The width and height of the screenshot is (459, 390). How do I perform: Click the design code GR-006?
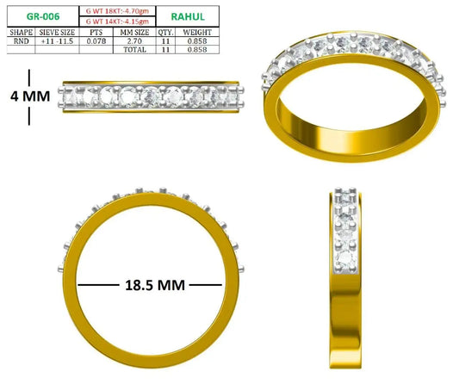43,16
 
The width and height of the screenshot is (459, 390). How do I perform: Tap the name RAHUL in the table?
188,16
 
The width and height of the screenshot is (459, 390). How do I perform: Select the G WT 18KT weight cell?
117,11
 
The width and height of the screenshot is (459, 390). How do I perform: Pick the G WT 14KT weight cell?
117,22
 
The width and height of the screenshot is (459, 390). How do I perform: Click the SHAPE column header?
21,32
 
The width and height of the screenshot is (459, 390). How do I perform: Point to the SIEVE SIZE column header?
57,32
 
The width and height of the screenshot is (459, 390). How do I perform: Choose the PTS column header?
96,32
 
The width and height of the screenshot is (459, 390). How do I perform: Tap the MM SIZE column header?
134,32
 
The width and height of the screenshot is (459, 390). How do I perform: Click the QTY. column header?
165,32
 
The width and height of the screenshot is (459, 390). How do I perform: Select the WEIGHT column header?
197,32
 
